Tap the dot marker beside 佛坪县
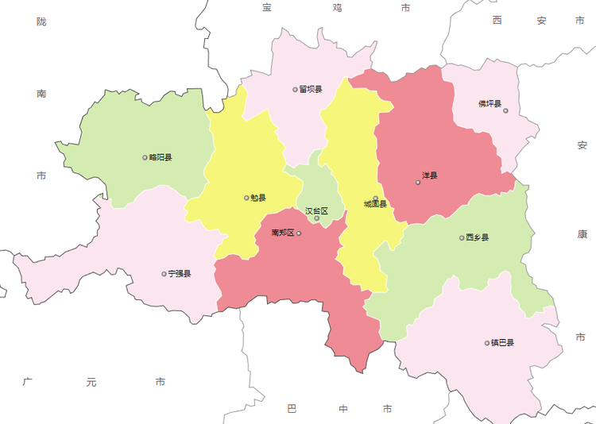point(505,110)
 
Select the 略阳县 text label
point(160,157)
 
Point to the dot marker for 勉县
point(246,198)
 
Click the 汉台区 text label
point(316,211)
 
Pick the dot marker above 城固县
point(376,199)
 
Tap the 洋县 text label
point(430,175)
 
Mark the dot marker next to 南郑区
point(299,233)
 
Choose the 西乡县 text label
point(478,237)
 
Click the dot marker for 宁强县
point(164,274)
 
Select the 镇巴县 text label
point(502,343)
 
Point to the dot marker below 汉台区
point(316,218)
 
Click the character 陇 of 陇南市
point(41,21)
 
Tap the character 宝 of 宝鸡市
point(268,8)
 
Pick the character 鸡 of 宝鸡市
point(337,8)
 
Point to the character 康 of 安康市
point(582,235)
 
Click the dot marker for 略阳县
point(145,157)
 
